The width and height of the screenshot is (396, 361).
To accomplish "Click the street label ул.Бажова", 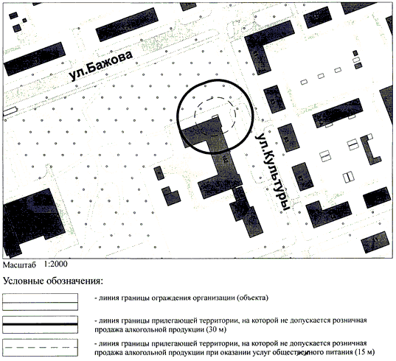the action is pyautogui.click(x=101, y=66).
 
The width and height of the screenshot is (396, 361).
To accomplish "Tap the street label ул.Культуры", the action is pyautogui.click(x=272, y=172).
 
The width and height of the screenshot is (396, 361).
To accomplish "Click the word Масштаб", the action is pyautogui.click(x=19, y=264).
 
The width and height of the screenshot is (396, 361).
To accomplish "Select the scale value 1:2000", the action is pyautogui.click(x=55, y=264).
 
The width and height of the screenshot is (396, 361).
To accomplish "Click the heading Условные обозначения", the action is pyautogui.click(x=53, y=281).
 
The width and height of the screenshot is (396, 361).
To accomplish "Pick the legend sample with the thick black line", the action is pyautogui.click(x=40, y=324).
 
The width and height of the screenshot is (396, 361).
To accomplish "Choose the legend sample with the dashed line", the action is pyautogui.click(x=40, y=348).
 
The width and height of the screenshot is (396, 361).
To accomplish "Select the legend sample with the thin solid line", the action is pyautogui.click(x=40, y=302).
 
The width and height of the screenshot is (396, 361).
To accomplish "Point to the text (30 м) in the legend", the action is pyautogui.click(x=216, y=329).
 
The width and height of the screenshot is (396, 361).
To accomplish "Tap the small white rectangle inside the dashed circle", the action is pyautogui.click(x=215, y=116).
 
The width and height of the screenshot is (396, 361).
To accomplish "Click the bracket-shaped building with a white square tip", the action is pyautogui.click(x=371, y=150).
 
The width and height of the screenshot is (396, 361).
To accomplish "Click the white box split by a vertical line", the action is pyautogui.click(x=349, y=177).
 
